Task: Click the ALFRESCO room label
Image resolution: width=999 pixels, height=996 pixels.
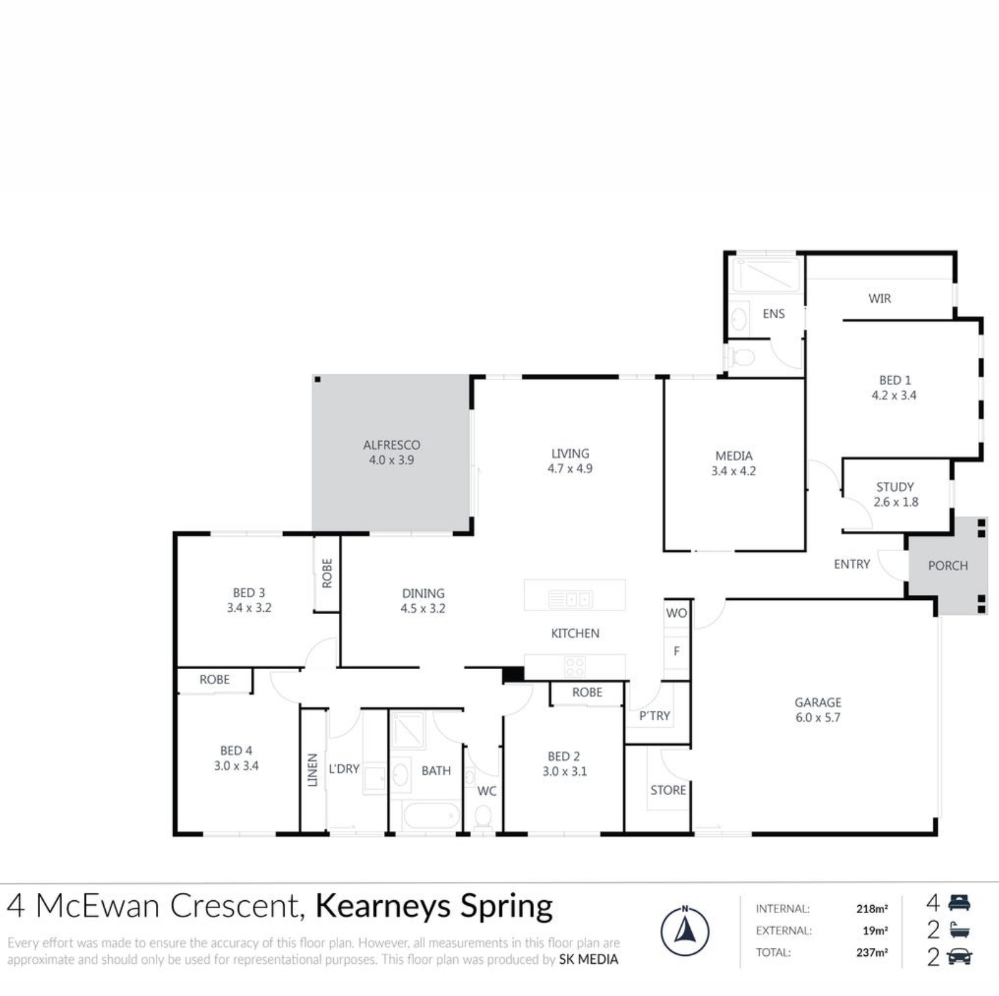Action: click(x=391, y=445)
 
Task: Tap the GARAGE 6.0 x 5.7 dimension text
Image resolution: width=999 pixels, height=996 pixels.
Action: click(x=817, y=718)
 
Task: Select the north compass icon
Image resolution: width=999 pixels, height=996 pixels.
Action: click(x=684, y=931)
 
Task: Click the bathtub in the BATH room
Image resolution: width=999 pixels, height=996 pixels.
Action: click(x=431, y=816)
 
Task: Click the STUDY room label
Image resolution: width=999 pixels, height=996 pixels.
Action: click(x=895, y=487)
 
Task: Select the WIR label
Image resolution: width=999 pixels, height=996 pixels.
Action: click(x=879, y=298)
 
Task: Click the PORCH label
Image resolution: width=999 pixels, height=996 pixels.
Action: click(x=947, y=565)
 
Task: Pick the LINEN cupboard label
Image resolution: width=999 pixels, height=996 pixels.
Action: click(x=313, y=770)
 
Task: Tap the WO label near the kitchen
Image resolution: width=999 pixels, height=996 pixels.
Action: click(x=676, y=613)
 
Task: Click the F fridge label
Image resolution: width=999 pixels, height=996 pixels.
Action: click(x=676, y=651)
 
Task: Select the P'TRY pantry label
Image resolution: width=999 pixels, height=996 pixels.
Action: click(x=654, y=715)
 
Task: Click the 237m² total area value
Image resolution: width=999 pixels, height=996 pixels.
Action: click(x=872, y=953)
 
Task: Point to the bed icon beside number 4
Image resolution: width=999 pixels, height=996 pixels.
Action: click(x=959, y=903)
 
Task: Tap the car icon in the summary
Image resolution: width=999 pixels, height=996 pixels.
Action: click(x=959, y=957)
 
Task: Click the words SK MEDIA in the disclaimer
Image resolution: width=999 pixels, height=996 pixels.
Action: click(x=588, y=960)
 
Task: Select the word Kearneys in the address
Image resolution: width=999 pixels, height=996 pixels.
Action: click(x=383, y=906)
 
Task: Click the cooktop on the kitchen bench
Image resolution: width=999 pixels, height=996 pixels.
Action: click(x=574, y=667)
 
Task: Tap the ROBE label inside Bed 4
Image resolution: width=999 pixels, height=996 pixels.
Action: click(x=215, y=680)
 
